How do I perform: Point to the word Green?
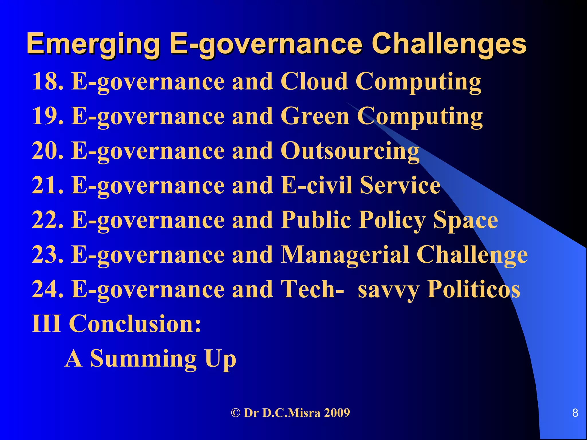315,116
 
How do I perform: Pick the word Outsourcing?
350,151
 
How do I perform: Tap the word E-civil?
316,185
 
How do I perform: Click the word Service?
400,185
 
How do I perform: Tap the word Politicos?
473,289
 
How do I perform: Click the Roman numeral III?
46,324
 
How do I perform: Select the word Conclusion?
135,324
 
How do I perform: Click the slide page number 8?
575,413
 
